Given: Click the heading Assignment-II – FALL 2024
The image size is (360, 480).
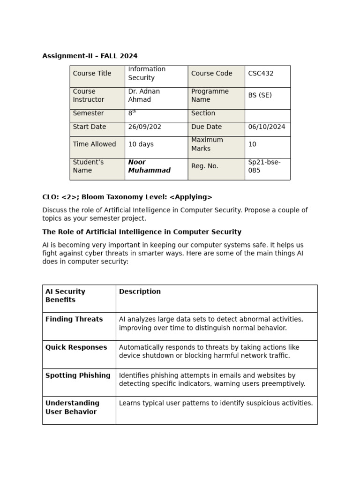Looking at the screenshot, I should click(x=90, y=56).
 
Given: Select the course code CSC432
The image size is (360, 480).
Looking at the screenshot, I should click(x=261, y=74).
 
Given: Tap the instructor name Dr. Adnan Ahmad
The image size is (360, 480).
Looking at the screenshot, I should click(x=144, y=96).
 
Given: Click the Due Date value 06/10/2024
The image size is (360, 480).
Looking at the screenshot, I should click(x=266, y=127).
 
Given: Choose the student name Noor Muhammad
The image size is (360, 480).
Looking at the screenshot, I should click(x=149, y=166).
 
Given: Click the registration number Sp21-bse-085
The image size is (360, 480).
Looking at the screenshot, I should click(x=264, y=166).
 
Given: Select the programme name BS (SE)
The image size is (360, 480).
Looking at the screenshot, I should click(x=260, y=95).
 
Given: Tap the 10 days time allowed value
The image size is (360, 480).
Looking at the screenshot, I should click(x=141, y=144).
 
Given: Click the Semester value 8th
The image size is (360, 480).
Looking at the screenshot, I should click(x=132, y=113).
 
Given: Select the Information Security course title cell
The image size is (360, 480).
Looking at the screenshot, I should click(x=147, y=74).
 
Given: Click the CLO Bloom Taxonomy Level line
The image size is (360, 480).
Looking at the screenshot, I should click(x=127, y=197).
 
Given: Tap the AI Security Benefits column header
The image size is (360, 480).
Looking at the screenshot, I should click(x=65, y=296).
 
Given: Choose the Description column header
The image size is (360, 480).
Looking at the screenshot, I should click(x=140, y=292).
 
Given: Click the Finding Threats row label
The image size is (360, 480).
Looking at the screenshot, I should click(x=74, y=319).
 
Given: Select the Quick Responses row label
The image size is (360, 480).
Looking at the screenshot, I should click(x=76, y=347).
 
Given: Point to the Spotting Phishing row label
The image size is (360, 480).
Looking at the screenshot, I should click(x=78, y=375).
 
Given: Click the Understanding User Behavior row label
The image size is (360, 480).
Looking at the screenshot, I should click(x=72, y=407).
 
